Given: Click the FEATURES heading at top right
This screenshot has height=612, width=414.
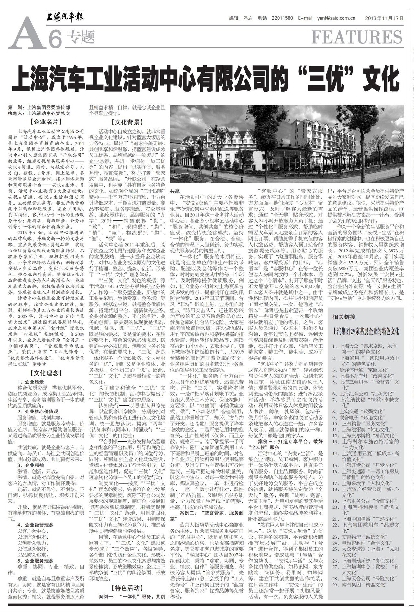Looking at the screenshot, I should pos(357,37).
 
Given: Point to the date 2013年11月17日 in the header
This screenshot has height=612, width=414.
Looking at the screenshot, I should pos(384,18).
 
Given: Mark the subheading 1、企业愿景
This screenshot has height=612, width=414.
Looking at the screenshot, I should pos(31,382).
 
